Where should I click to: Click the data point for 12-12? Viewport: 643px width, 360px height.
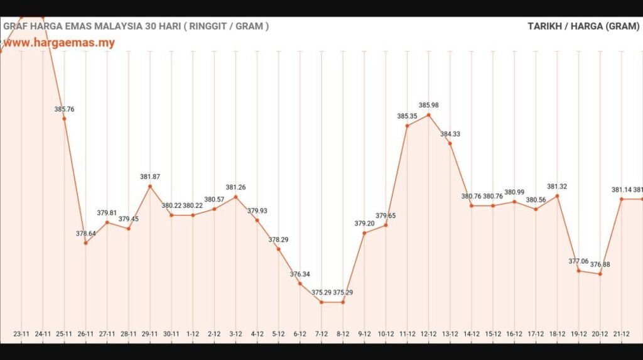coord(429,115)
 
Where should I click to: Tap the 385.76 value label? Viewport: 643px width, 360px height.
coord(64,109)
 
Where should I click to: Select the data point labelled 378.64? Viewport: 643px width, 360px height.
coord(85,243)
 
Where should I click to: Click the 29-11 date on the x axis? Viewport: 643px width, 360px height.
coord(149,334)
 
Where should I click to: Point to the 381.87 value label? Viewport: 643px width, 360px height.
coord(150,177)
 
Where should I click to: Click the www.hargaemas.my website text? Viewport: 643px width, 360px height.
coord(60,43)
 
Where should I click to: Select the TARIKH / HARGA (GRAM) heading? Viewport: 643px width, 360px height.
coord(583,26)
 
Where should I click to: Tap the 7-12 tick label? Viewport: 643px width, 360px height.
coord(321,334)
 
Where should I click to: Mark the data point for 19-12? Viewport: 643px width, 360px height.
coord(579,271)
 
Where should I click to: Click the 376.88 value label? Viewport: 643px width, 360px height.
coord(600,265)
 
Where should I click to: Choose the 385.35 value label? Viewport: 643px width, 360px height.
coord(408,116)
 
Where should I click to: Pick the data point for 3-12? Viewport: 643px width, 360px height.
coord(235,197)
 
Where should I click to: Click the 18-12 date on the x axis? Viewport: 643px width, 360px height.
coord(557,334)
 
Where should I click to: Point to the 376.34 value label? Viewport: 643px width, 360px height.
coord(300,275)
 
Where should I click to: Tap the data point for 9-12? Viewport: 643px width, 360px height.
coord(364,233)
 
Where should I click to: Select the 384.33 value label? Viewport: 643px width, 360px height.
coord(450,134)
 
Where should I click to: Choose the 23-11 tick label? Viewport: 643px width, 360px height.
coord(21,334)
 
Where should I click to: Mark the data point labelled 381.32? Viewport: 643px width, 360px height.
coord(557,196)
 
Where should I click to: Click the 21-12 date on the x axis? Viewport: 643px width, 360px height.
coord(622,334)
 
